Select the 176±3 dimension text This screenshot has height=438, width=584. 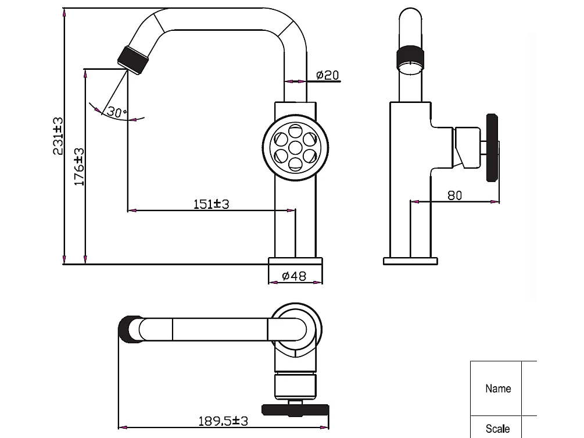click(80, 166)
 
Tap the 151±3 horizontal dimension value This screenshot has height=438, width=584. click(212, 204)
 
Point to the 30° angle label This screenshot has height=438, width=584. click(117, 112)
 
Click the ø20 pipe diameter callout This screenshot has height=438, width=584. click(327, 75)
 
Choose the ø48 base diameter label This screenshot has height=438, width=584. click(294, 276)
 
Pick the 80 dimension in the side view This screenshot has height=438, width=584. click(455, 195)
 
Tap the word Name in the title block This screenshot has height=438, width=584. click(498, 388)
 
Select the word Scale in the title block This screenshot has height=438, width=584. click(498, 429)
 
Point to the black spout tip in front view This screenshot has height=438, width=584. click(132, 59)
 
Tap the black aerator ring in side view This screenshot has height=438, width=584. click(411, 58)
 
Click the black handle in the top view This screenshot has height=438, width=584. click(295, 409)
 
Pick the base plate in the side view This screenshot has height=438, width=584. click(410, 261)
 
